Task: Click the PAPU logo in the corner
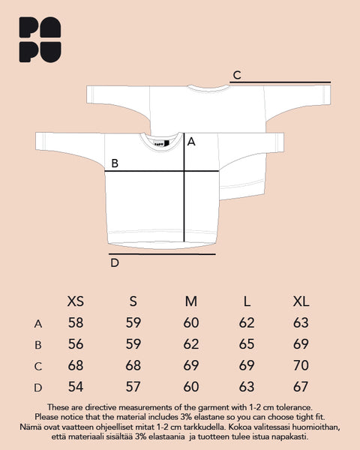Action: click(x=40, y=40)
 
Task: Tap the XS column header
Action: click(x=76, y=301)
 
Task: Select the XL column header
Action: click(x=301, y=301)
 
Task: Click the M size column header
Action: click(x=191, y=301)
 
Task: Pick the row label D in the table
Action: click(x=38, y=388)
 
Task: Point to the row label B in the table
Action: click(x=38, y=345)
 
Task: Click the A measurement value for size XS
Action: click(x=76, y=322)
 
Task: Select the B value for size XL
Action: click(x=301, y=343)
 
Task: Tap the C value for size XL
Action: click(x=301, y=365)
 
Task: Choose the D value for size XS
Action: click(x=76, y=386)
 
